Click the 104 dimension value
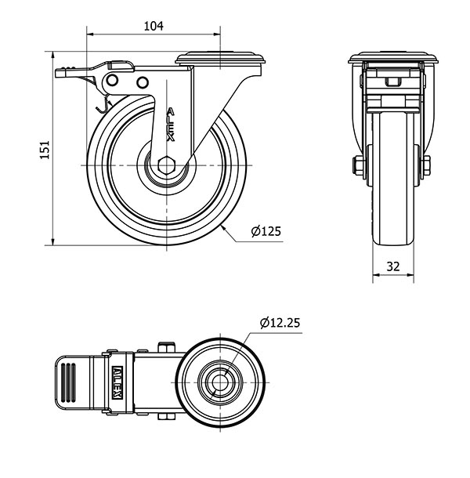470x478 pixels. [154, 26]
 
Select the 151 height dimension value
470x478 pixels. [45, 150]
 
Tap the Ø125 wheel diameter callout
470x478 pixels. [266, 231]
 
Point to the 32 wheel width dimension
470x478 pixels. [393, 266]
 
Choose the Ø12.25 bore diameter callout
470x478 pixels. [280, 323]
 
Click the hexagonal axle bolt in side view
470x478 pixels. [166, 165]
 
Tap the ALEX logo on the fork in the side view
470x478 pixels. [171, 125]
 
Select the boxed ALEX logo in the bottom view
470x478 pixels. [117, 382]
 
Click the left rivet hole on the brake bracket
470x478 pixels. [112, 80]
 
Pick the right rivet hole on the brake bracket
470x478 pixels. [143, 82]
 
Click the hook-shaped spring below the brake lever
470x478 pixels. [103, 105]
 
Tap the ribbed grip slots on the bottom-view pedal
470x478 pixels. [68, 382]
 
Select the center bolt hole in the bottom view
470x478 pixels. [220, 382]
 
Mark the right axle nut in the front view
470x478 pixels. [426, 165]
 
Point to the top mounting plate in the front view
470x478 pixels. [393, 58]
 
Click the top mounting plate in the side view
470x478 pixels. [220, 58]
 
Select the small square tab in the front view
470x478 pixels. [393, 81]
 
